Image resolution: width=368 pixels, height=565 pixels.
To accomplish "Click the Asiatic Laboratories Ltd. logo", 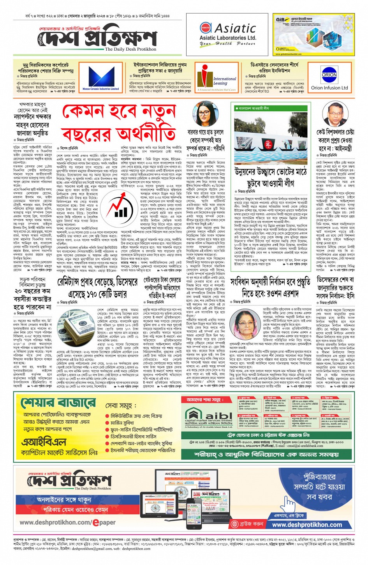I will (x=227, y=35).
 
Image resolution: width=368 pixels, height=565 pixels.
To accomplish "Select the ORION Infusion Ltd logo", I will (x=329, y=79).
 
